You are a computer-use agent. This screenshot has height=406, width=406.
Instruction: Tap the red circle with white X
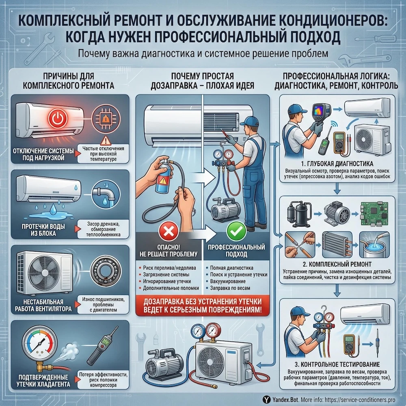point(166,232)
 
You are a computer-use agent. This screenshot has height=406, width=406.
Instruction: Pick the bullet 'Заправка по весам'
point(230,287)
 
